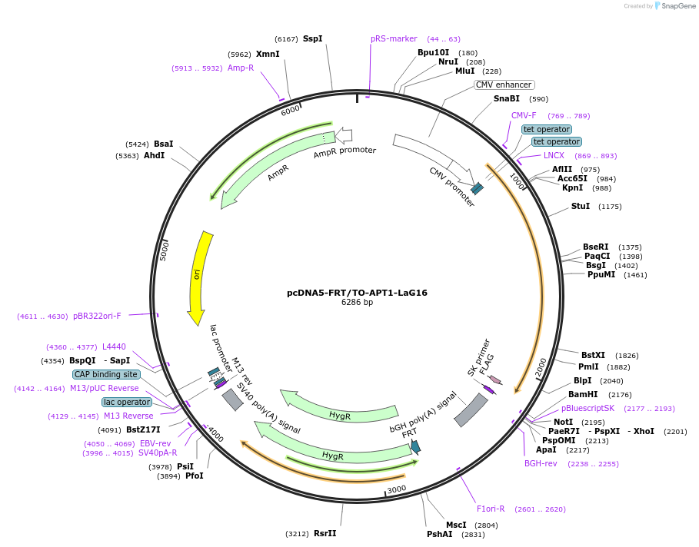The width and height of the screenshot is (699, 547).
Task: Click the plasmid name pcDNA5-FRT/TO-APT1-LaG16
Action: point(357,293)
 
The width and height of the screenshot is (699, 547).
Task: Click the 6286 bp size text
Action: point(357,303)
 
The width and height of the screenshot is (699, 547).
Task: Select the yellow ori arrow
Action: point(199,276)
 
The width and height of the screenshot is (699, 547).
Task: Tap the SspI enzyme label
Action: point(312,38)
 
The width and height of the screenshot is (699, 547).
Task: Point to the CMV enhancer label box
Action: point(504,85)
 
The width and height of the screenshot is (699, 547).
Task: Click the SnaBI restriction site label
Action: point(506,99)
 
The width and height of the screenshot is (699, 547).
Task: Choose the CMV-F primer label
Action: point(524,116)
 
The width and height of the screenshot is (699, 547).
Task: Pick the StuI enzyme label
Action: point(581,207)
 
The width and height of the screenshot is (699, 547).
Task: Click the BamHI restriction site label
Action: point(583,395)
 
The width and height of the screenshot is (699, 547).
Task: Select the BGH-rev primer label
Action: point(541,464)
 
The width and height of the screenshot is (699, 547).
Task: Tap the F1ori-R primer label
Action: point(491,509)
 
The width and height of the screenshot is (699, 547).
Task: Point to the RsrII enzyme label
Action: point(325,533)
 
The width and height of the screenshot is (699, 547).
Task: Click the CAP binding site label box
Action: point(106,375)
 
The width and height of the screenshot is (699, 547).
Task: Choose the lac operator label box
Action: point(127,402)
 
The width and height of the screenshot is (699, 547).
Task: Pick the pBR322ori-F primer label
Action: point(97,317)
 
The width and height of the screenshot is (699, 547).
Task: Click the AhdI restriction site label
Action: point(154,156)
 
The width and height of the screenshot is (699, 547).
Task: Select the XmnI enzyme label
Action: point(268,55)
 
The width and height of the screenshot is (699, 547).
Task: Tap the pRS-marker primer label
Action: point(394,38)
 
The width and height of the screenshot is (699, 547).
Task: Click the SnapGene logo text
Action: point(679,6)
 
